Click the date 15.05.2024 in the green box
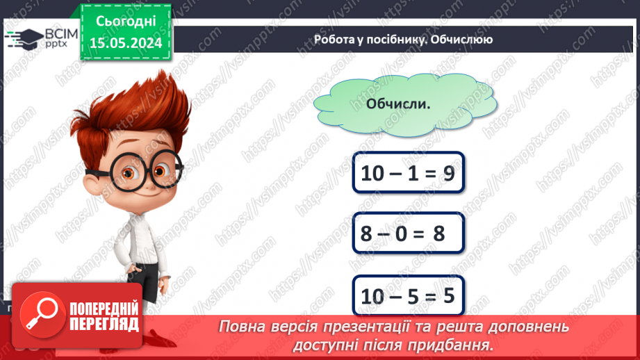coord(126,43)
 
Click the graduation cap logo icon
coord(23,39)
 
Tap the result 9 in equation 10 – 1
coord(448,173)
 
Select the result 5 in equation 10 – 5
coord(448,296)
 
